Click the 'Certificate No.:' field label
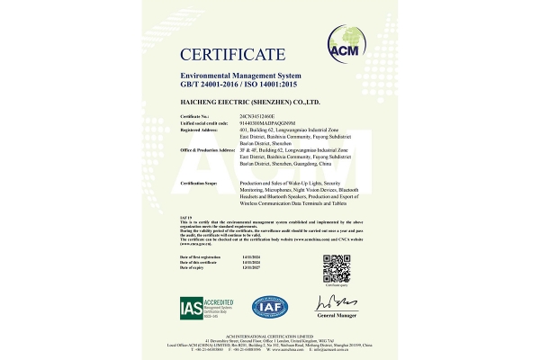point(195,116)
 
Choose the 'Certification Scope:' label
point(200,183)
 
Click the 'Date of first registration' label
point(202,256)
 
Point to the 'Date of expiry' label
point(193,267)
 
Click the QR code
point(336,267)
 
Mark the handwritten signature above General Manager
point(334,304)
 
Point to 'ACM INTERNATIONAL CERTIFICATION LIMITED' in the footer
point(270,332)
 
